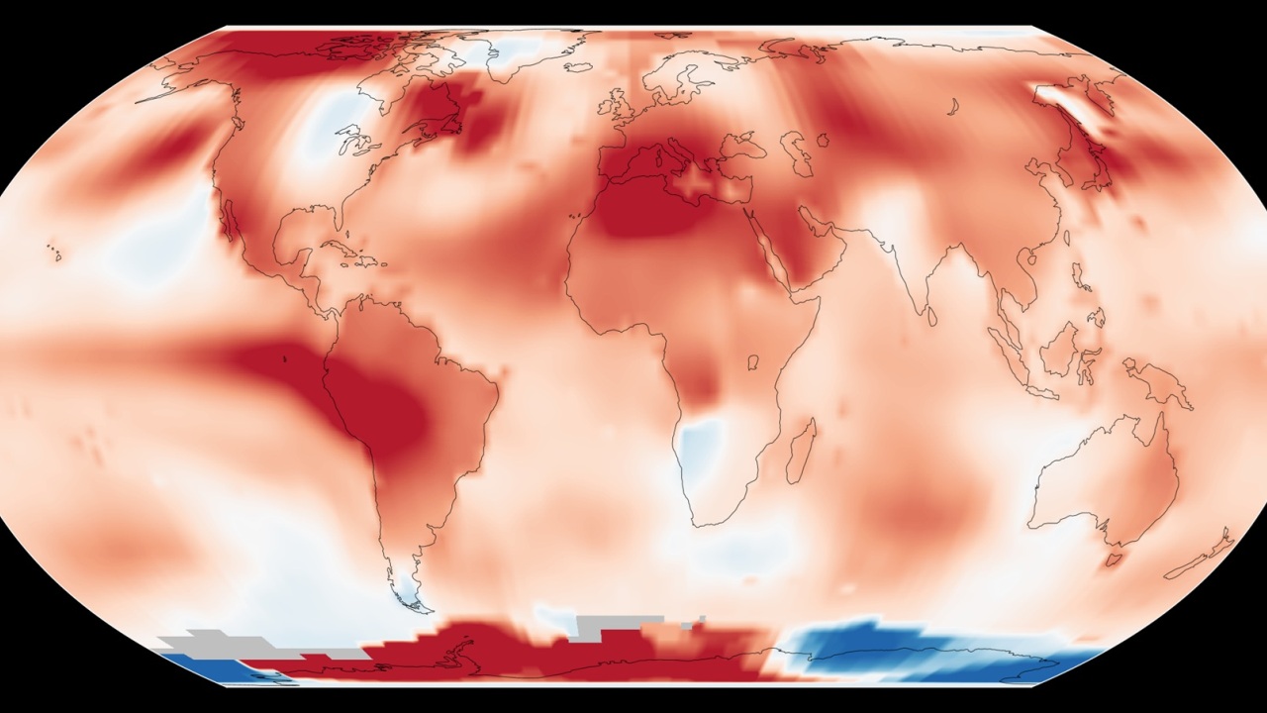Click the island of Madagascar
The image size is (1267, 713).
(x=803, y=451)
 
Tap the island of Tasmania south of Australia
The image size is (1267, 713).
(x=1113, y=560)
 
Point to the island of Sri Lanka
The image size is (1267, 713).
(x=932, y=317)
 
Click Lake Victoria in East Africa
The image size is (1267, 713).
(x=752, y=362)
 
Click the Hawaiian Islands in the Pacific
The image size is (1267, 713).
(x=55, y=253)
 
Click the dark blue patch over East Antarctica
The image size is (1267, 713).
(x=871, y=644)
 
